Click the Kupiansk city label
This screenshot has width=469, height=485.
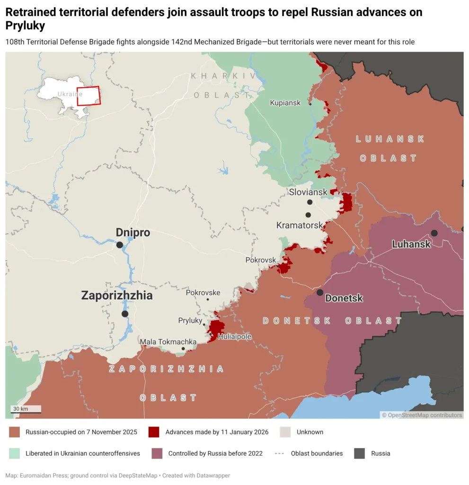(285, 103)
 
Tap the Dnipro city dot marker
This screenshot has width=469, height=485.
(120, 245)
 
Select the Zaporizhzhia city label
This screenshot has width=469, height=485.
(117, 296)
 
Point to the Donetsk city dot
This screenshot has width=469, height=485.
(320, 292)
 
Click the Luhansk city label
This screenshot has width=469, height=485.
(411, 244)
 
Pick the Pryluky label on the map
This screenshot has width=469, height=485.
(190, 321)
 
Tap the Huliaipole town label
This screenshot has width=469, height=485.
(234, 337)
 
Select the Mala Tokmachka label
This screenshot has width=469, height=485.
(168, 341)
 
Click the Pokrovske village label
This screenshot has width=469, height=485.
(203, 293)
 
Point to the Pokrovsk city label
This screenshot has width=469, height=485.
(260, 260)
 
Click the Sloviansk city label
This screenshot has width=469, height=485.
(308, 192)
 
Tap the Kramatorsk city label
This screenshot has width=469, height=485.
(300, 225)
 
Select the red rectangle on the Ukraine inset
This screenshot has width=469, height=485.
(88, 96)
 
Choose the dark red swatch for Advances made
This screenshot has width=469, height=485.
(153, 432)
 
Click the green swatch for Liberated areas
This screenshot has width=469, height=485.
(14, 453)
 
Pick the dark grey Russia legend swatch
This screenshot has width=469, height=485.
(360, 453)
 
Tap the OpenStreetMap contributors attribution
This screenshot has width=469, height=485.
(422, 415)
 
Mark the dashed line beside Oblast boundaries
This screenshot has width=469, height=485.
(280, 453)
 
